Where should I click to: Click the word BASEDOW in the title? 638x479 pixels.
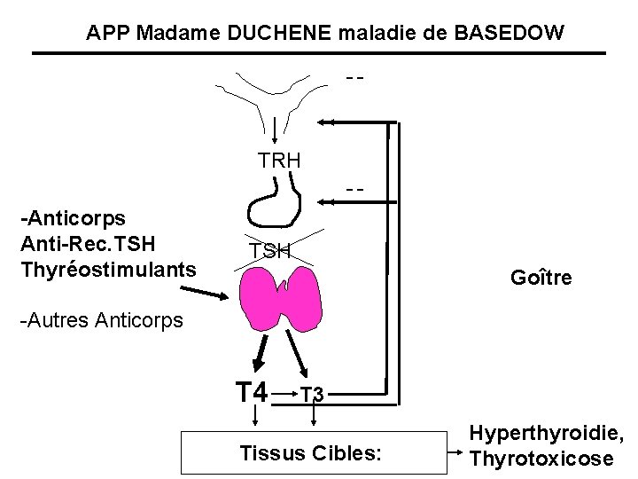509,34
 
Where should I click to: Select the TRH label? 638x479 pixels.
279,161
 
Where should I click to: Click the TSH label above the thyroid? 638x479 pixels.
269,251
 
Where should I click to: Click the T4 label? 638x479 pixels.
251,390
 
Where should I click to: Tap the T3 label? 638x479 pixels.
311,394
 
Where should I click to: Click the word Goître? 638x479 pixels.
541,278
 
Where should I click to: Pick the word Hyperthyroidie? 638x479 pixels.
546,434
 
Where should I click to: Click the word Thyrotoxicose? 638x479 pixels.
541,459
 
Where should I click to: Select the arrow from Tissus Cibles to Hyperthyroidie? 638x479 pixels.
458,453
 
